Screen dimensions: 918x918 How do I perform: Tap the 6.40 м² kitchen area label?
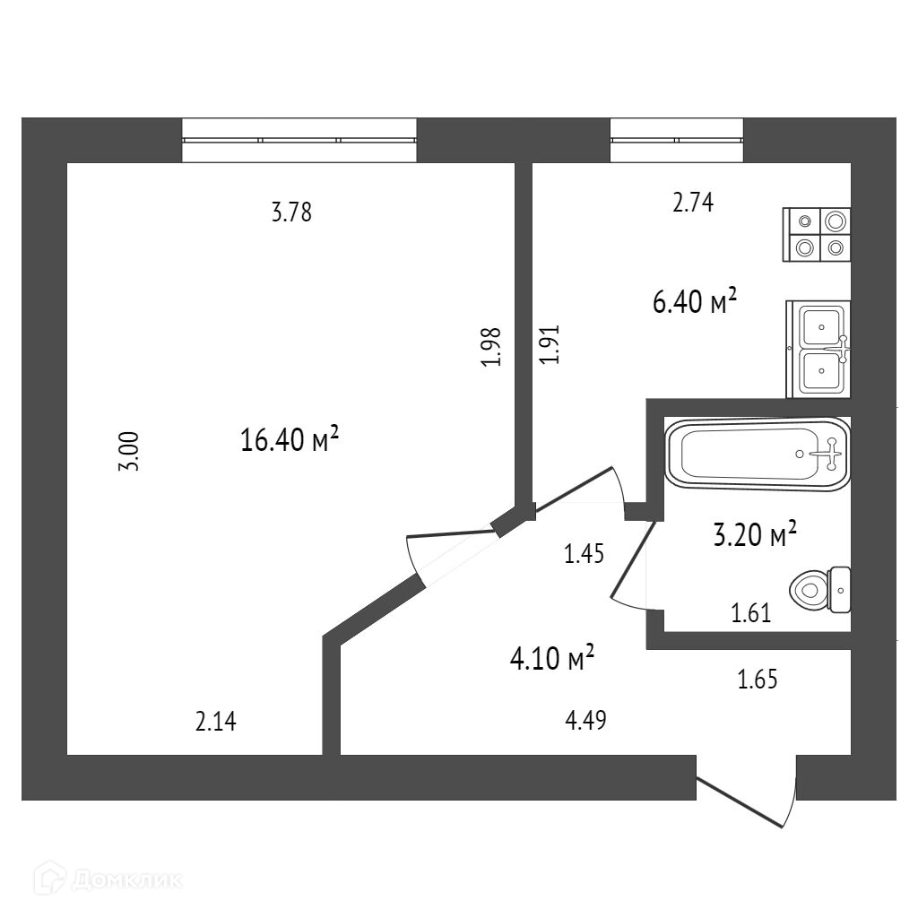click(695, 302)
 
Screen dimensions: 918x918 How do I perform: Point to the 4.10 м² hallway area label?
click(552, 660)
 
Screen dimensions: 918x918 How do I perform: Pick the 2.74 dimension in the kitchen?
click(692, 204)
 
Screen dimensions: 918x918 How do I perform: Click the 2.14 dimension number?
click(215, 721)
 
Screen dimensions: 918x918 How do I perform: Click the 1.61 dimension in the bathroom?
click(751, 614)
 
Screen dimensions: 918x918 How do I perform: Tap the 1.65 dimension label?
click(757, 680)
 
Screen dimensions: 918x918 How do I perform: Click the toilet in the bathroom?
click(820, 589)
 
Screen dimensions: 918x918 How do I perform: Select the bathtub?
click(756, 454)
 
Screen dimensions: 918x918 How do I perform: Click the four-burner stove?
click(817, 234)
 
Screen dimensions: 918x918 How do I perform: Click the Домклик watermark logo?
click(112, 879)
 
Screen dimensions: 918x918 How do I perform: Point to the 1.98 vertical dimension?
click(490, 346)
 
